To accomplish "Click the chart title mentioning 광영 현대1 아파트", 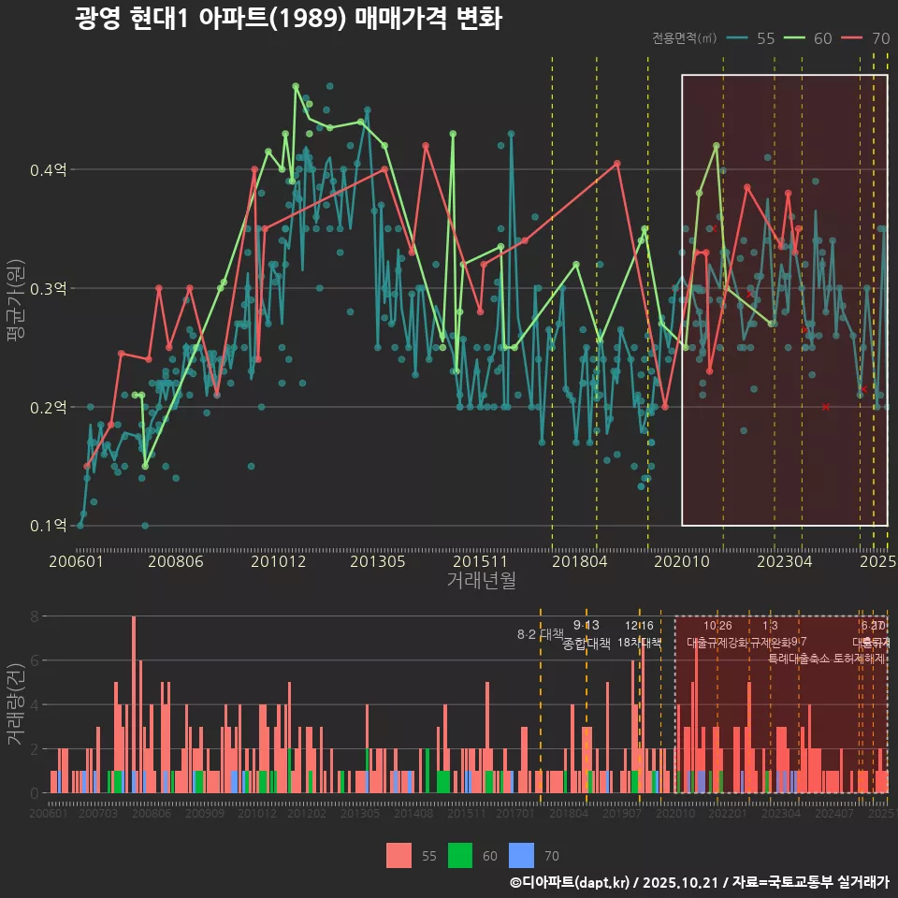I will tap(288, 20).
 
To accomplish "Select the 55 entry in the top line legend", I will tap(752, 38).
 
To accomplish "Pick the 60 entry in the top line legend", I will tap(810, 38).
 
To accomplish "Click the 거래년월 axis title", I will tap(481, 581).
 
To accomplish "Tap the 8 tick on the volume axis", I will tap(34, 616).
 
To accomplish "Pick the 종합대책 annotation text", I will tap(587, 644).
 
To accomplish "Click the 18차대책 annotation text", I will tap(639, 644).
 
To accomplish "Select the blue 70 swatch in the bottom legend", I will tap(521, 855).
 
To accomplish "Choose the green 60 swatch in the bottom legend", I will tap(460, 855).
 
